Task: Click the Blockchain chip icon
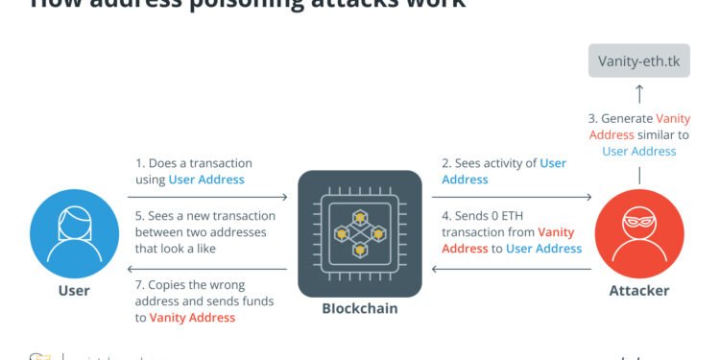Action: [x=360, y=232]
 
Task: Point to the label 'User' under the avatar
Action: [x=73, y=291]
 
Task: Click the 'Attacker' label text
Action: [x=639, y=291]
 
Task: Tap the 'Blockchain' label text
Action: [x=360, y=309]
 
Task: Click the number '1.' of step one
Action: [x=140, y=164]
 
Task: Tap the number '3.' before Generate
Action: [x=593, y=119]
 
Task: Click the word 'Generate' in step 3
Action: [x=626, y=119]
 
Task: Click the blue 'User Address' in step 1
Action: [x=206, y=180]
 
